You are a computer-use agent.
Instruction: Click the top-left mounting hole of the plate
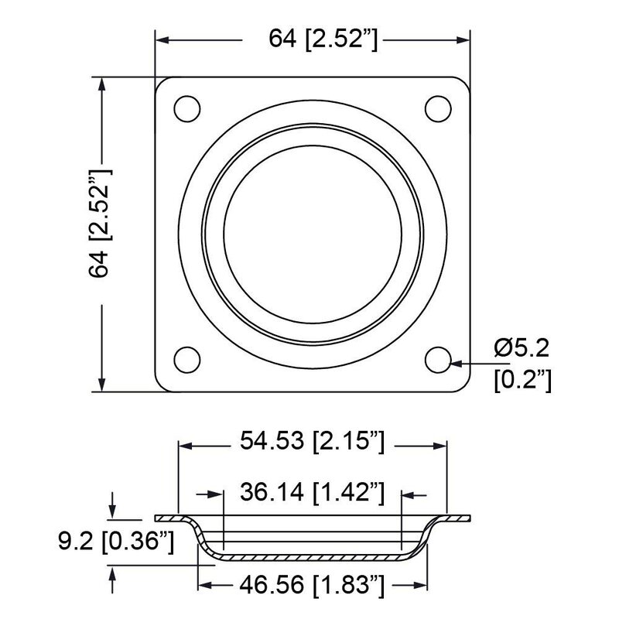[x=186, y=108]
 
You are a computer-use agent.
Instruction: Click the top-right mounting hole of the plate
[x=438, y=108]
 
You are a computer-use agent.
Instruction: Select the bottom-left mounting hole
[x=186, y=359]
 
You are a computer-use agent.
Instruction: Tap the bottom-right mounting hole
[x=438, y=359]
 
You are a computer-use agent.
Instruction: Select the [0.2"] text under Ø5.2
[x=522, y=381]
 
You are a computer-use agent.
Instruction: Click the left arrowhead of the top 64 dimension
[x=162, y=39]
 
